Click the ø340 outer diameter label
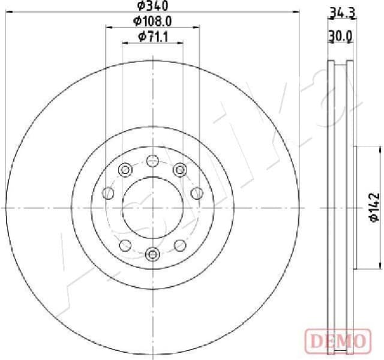152,6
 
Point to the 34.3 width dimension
340,11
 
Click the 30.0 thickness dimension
340,37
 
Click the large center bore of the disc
152,208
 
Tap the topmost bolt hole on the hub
152,161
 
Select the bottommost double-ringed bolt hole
152,254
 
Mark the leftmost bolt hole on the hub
109,193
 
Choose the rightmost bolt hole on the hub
196,193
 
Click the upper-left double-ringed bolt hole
125,170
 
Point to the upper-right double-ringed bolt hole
179,170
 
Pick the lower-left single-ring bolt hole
125,245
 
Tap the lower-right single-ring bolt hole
179,245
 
